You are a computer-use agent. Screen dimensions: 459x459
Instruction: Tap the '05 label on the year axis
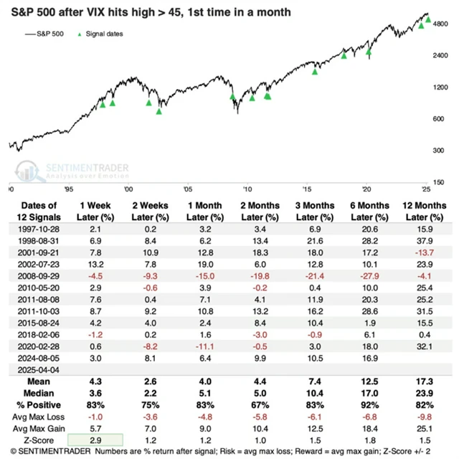(x=187, y=189)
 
